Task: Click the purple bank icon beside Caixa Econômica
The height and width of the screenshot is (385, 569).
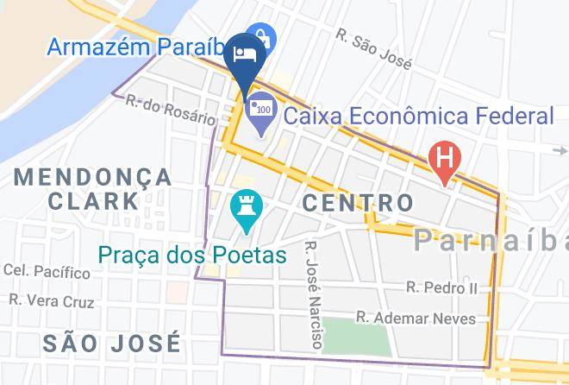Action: tap(259, 110)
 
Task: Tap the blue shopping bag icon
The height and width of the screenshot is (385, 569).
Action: tap(265, 39)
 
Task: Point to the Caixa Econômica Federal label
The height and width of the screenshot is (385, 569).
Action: tap(418, 116)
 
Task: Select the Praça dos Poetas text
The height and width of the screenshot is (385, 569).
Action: tap(191, 256)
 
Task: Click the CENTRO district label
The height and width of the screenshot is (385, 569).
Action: tap(359, 204)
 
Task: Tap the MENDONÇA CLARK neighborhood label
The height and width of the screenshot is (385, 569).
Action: tap(93, 189)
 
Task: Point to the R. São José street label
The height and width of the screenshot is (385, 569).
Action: tap(373, 48)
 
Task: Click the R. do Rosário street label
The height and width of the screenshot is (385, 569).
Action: tap(169, 109)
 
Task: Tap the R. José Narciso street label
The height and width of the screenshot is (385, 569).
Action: tap(311, 295)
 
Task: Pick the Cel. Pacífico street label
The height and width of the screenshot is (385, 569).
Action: tap(47, 272)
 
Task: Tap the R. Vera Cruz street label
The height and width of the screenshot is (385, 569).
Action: tap(51, 300)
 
